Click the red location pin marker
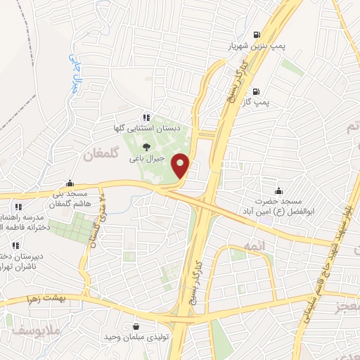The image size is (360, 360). [x=181, y=165]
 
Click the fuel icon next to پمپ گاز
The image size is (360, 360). [x=255, y=91]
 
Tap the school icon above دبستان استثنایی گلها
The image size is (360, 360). [x=145, y=118]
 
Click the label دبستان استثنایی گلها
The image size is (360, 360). [x=145, y=129]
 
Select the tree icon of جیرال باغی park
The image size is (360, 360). [x=146, y=147]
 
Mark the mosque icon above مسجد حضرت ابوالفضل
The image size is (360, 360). [x=279, y=190]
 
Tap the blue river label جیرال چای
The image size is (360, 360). [x=73, y=72]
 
